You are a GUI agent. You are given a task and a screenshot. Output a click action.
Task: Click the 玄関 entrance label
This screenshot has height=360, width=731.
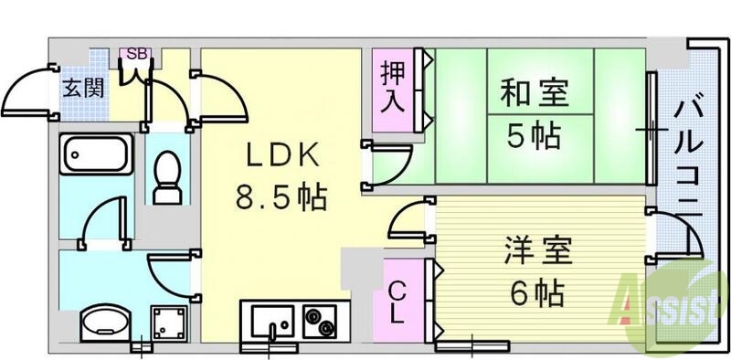[x=82, y=89]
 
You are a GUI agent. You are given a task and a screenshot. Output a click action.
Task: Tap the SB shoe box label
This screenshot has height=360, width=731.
[x=136, y=54]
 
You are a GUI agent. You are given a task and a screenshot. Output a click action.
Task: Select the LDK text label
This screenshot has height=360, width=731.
[x=281, y=157]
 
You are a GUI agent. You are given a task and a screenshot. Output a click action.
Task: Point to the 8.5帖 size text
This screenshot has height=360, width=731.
[x=281, y=197]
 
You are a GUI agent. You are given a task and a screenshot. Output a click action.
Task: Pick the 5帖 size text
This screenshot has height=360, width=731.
[x=535, y=136]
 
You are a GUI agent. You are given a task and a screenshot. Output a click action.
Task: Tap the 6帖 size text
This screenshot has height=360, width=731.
[x=535, y=293]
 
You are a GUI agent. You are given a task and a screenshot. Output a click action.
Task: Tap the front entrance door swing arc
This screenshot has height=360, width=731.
[x=27, y=91]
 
